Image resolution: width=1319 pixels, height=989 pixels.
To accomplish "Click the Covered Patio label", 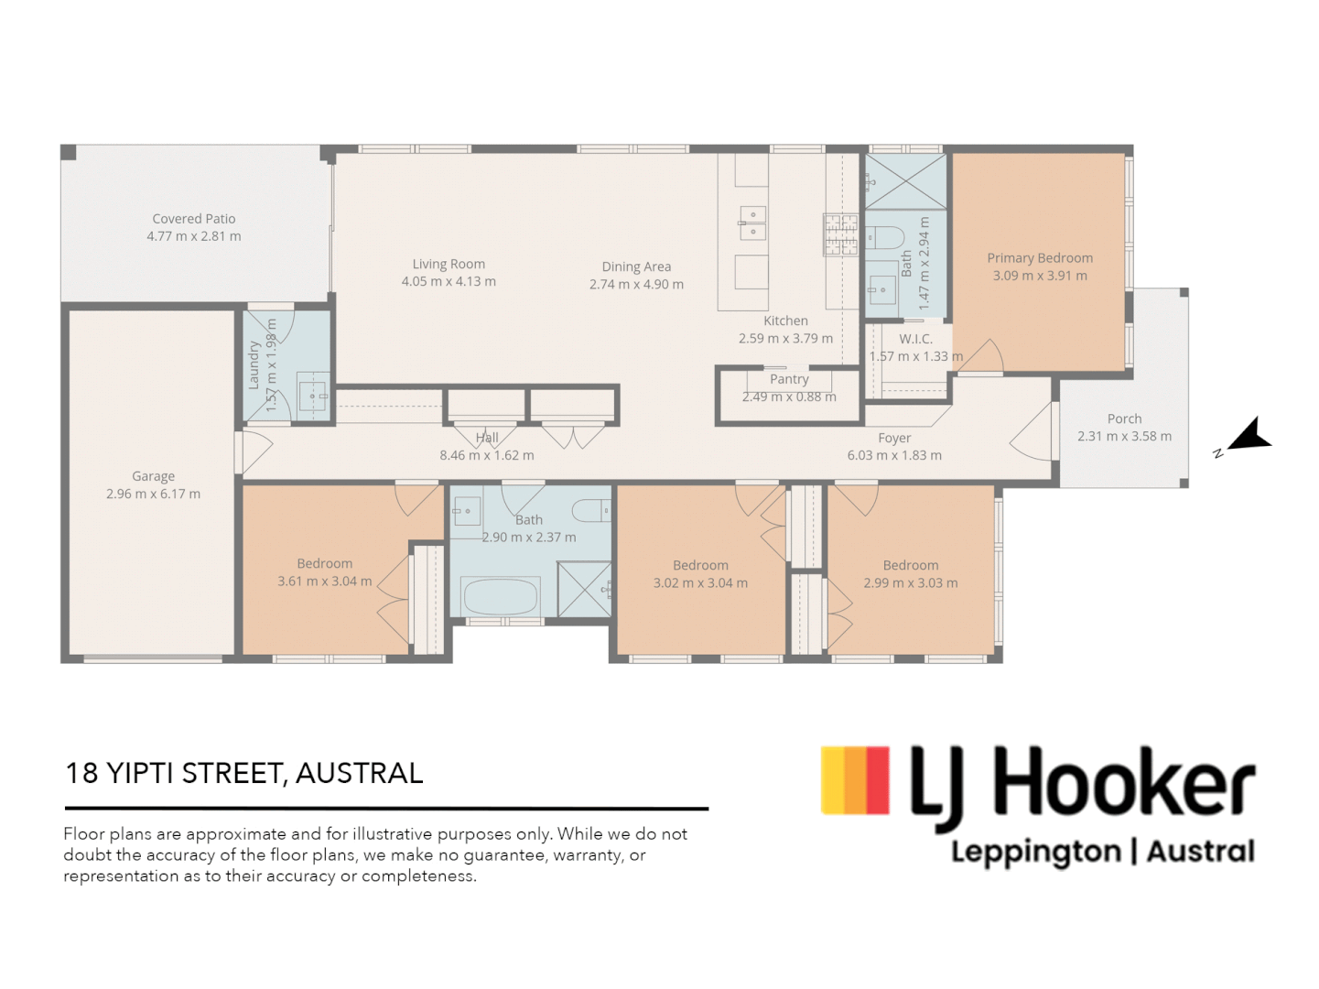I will click(x=194, y=219).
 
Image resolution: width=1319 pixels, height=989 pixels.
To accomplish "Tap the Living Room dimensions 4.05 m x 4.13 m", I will click(x=449, y=282).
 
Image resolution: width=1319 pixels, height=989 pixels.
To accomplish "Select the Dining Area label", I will click(x=636, y=266).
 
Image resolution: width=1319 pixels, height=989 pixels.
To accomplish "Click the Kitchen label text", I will click(x=785, y=321).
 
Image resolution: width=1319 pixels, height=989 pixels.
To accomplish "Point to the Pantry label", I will click(x=789, y=379).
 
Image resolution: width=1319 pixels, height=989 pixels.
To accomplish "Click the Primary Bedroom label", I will click(x=1040, y=258).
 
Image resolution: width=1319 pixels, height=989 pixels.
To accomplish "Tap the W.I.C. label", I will click(x=915, y=339).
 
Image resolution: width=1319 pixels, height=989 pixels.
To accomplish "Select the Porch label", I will click(x=1124, y=418).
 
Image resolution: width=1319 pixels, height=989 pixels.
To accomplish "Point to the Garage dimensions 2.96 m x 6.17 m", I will click(x=153, y=494).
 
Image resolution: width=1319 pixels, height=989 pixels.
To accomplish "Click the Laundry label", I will click(x=254, y=365).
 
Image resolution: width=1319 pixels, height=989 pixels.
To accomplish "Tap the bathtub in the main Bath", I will click(x=501, y=597).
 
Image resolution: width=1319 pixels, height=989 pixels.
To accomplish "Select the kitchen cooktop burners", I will click(x=840, y=234).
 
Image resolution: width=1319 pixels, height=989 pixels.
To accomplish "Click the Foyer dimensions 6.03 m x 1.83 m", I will click(x=894, y=455).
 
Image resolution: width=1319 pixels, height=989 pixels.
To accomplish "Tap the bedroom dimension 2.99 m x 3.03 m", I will click(x=911, y=583).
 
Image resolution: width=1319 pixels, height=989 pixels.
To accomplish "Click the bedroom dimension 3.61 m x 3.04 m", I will click(x=325, y=581).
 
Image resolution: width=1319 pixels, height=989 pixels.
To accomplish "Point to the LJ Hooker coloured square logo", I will click(x=855, y=780).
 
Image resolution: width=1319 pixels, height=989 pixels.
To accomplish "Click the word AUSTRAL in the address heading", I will click(x=359, y=773).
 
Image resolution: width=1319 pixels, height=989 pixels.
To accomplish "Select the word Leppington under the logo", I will click(x=1036, y=853).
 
